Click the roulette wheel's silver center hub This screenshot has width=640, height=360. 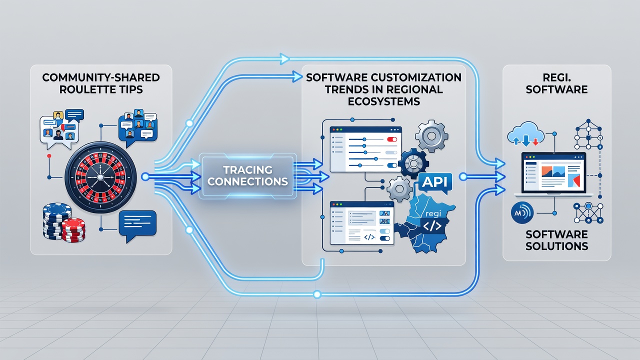coord(100,177)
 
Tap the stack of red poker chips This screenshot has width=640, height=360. coord(73,229)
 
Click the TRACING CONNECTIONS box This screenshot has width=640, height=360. coord(247,175)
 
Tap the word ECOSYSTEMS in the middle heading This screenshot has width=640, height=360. coord(383,101)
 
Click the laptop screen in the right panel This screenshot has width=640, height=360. coord(553,172)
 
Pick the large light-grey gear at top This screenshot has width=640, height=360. coord(431,136)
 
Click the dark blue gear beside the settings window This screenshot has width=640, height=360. coord(413,163)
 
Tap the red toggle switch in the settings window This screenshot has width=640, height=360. coord(391,139)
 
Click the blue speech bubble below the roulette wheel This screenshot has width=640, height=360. coord(137,225)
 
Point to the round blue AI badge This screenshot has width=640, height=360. coord(521,213)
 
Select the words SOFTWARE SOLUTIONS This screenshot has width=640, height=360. coord(556,240)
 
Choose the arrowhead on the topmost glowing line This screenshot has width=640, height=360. coord(284,59)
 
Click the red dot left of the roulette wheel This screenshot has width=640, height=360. coord(49,156)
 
